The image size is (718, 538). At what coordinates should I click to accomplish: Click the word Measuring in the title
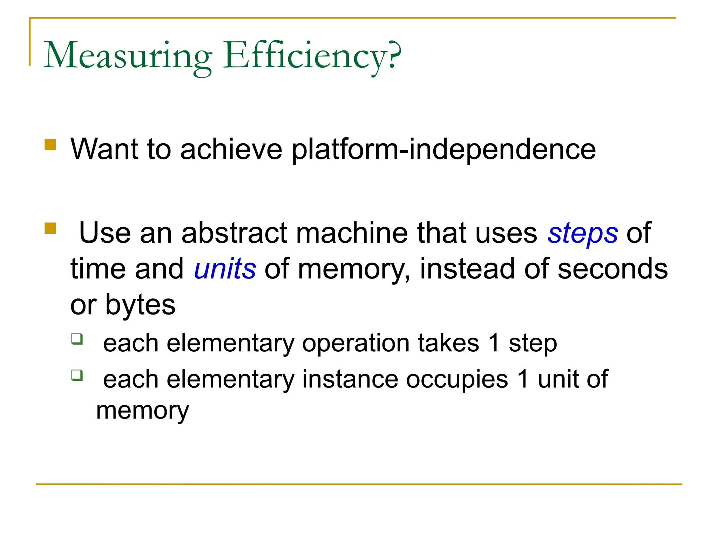click(x=128, y=56)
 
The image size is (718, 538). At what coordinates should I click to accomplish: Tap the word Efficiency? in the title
click(x=312, y=56)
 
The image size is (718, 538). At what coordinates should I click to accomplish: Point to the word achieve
click(x=231, y=149)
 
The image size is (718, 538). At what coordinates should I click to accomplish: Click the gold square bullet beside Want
click(x=50, y=145)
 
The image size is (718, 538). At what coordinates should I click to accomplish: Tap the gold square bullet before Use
click(x=50, y=228)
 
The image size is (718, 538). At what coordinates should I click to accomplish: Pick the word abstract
click(x=235, y=233)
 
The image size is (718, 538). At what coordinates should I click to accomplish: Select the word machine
click(x=352, y=233)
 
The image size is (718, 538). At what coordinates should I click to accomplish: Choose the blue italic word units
click(x=225, y=269)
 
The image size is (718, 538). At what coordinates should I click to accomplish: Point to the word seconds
click(x=612, y=269)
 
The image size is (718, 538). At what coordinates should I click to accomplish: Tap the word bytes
click(x=140, y=305)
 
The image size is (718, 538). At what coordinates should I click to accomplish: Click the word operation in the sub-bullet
click(x=355, y=343)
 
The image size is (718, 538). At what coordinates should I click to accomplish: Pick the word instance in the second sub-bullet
click(x=350, y=379)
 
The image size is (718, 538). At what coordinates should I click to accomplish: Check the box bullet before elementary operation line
click(x=77, y=339)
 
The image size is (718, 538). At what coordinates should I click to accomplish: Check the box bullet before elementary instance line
click(x=77, y=375)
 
